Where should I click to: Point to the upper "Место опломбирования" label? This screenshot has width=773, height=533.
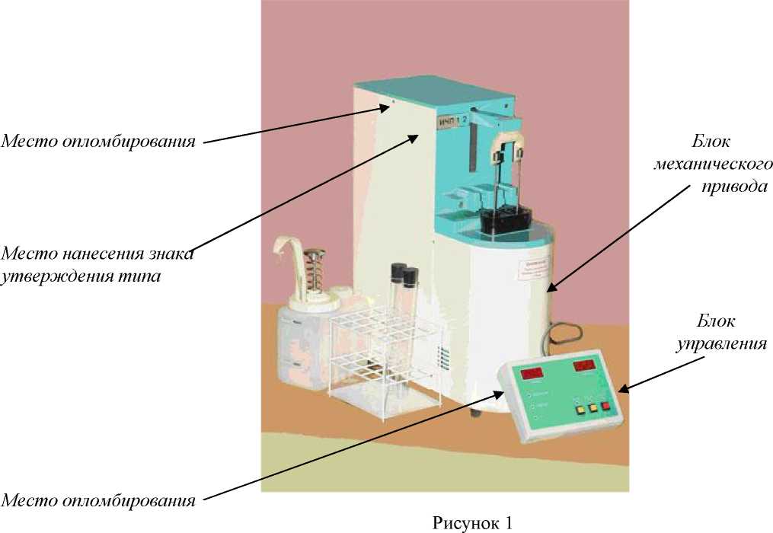click(98, 141)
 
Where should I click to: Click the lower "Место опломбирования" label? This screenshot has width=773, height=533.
click(98, 500)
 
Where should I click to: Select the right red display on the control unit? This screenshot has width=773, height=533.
click(586, 367)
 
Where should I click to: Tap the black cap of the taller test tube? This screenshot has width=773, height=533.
click(397, 270)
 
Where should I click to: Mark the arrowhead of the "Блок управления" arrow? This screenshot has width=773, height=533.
click(620, 391)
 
